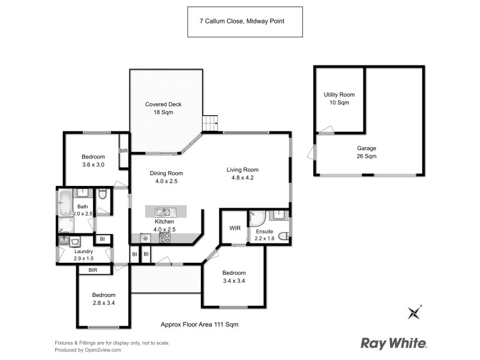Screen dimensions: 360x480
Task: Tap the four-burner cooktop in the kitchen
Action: (x=164, y=238)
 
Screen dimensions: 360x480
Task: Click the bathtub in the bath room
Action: (x=65, y=203)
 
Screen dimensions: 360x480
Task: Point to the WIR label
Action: (x=235, y=227)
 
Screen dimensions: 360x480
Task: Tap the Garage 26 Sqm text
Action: (x=366, y=152)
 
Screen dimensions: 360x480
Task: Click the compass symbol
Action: (x=413, y=312)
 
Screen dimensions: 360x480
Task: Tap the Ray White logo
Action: (x=394, y=344)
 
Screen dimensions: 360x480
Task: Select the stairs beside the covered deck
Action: (x=210, y=123)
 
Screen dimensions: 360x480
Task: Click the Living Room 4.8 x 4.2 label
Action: (x=242, y=173)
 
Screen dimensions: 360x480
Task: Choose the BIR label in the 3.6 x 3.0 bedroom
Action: (x=124, y=151)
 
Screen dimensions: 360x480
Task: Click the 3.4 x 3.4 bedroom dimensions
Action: (x=233, y=280)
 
